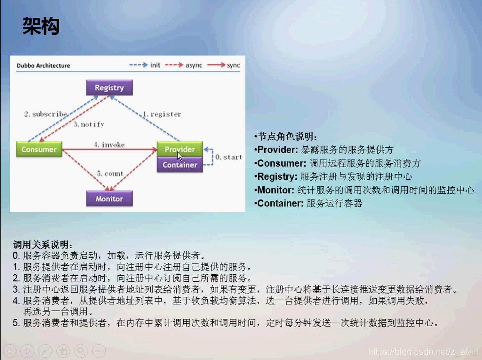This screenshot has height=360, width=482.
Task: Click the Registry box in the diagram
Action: coord(109,88)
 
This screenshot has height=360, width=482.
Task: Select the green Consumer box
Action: coord(39,150)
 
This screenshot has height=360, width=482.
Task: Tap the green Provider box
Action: coord(180,149)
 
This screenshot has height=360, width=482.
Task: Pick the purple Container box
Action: coord(180,165)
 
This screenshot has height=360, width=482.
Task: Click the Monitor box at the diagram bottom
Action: coord(109,199)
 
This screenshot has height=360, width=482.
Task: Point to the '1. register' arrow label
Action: coord(162,114)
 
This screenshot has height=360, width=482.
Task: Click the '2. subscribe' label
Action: coord(45,114)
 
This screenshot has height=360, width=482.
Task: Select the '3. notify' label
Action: coord(89,124)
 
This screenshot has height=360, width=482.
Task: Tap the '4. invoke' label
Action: coord(109,145)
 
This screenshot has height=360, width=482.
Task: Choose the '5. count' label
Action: coord(110,173)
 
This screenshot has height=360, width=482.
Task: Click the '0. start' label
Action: coord(228,157)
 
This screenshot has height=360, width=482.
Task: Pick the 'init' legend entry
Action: coord(155,65)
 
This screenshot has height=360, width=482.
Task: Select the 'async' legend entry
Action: coord(194,65)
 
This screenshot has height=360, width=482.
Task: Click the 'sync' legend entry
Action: coord(233,65)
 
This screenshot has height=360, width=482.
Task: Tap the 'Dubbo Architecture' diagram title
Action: coord(43,66)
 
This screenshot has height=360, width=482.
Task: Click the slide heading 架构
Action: coord(41,26)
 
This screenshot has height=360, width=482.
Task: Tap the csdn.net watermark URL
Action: coord(423,352)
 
